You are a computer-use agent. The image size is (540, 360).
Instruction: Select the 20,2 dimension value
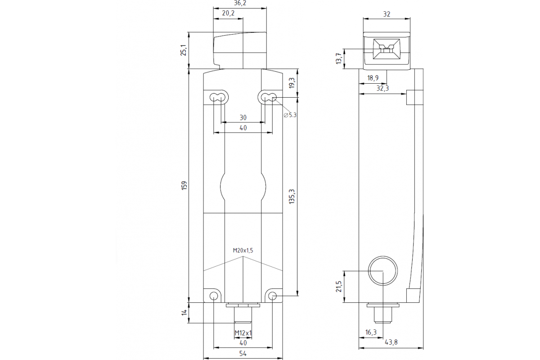229,13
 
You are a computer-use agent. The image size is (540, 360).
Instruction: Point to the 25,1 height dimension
183,50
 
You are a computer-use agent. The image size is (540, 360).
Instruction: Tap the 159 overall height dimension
183,185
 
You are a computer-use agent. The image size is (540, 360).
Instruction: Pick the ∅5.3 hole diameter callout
290,115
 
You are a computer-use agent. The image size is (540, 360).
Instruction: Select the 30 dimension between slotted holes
243,117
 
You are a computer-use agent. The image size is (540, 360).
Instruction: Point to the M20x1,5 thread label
243,251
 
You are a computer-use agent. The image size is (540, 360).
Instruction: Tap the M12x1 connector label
243,333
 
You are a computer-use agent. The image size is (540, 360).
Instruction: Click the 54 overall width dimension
243,354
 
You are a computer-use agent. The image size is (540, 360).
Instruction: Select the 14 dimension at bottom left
183,313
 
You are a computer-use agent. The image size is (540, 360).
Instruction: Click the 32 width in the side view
387,14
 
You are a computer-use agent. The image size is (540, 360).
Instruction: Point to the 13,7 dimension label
338,58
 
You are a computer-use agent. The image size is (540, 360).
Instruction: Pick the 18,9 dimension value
373,78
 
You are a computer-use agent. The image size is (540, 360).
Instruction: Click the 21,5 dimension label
338,286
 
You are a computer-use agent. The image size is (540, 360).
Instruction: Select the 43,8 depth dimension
391,342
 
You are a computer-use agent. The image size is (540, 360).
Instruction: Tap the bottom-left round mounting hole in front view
214,296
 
